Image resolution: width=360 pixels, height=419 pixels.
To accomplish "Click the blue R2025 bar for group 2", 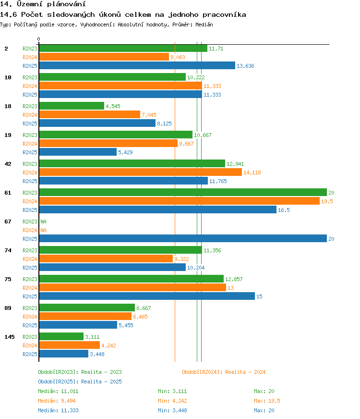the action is [x=137, y=65].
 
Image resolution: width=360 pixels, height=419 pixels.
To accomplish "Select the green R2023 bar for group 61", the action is [x=183, y=192].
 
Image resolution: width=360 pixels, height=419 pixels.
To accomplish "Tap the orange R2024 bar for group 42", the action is [x=141, y=173].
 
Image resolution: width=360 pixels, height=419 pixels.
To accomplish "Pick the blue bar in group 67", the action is [x=183, y=239].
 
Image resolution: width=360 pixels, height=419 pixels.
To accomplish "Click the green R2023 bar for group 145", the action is [x=61, y=337].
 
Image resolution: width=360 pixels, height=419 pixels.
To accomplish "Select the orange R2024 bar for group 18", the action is [x=90, y=115].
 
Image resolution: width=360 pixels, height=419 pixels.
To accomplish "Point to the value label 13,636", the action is [x=245, y=66].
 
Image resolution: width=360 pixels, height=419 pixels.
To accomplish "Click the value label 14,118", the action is [x=252, y=173].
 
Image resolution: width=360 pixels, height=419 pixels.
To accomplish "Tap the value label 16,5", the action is [x=284, y=210].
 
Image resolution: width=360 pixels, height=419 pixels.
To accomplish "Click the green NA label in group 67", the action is [x=43, y=222].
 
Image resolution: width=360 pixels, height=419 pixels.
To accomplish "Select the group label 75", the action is [x=8, y=279].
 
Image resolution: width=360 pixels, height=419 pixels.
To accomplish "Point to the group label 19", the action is [x=8, y=135].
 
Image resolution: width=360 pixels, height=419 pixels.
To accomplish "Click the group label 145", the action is [x=10, y=337].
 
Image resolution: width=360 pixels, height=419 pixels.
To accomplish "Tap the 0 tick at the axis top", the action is [x=39, y=39].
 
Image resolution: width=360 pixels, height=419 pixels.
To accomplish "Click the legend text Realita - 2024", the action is [x=245, y=372].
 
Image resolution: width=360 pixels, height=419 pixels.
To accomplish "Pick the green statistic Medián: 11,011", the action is [x=58, y=391].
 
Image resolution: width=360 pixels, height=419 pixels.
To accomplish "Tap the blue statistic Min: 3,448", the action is [x=172, y=410].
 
